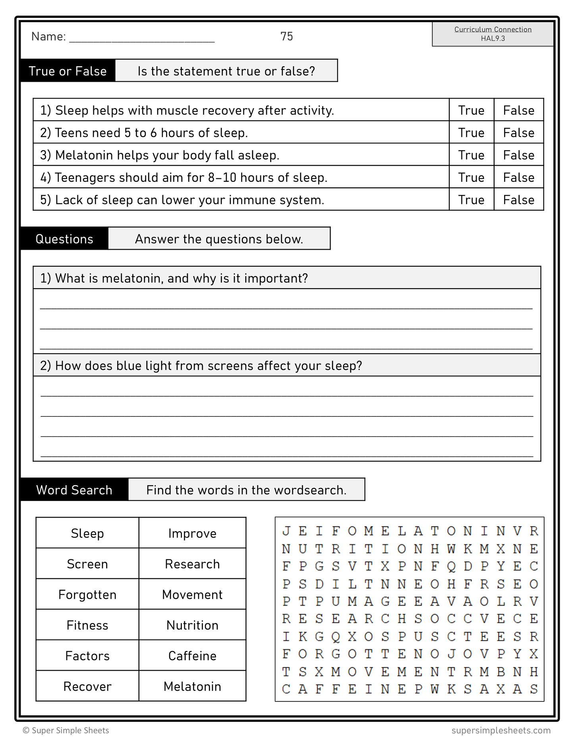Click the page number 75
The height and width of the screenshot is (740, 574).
[x=286, y=37]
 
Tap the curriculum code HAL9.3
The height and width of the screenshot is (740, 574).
[x=493, y=39]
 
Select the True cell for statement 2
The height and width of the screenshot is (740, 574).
[x=471, y=133]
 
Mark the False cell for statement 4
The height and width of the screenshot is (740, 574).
[x=518, y=177]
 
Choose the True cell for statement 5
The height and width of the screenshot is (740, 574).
[x=471, y=200]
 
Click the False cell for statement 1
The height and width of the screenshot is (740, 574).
[x=518, y=110]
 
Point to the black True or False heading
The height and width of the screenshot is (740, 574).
[x=68, y=71]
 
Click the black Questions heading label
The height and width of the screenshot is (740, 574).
[x=64, y=239]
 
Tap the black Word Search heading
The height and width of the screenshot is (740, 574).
[x=74, y=490]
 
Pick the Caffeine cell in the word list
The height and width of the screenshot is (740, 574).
[x=192, y=656]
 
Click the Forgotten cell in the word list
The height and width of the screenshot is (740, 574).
[x=87, y=595]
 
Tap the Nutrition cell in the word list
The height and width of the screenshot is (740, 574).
[x=192, y=625]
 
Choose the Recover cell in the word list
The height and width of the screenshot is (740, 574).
[x=87, y=686]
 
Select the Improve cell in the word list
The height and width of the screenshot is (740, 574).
[x=192, y=534]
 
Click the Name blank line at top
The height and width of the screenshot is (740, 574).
[x=142, y=39]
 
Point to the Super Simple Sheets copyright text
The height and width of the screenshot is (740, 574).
[x=66, y=730]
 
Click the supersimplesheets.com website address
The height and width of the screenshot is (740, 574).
[x=501, y=730]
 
